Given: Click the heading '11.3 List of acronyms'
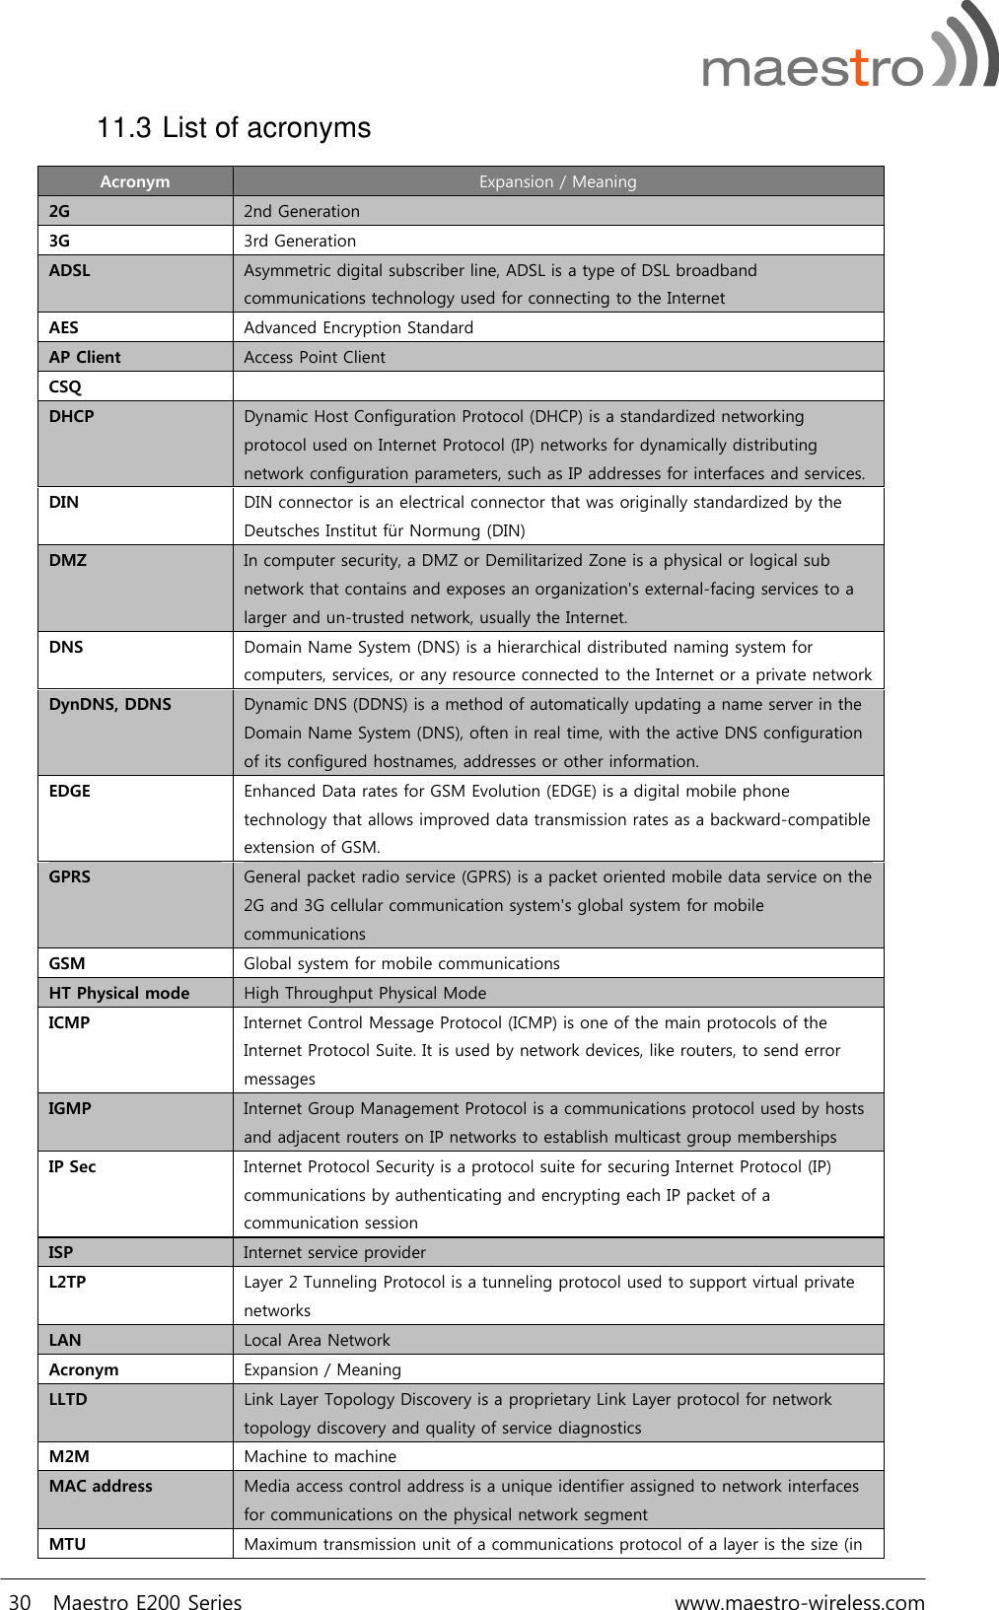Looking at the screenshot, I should tap(234, 128).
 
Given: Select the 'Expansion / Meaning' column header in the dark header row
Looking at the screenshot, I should tap(557, 181).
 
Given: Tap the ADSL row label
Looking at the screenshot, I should tap(70, 270).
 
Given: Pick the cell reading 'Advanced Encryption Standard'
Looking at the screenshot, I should tap(358, 327).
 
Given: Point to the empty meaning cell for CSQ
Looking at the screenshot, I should tap(557, 386).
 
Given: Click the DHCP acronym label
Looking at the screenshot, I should tap(72, 416).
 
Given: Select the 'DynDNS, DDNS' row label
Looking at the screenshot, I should tap(110, 704).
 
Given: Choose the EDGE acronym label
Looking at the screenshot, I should tap(70, 791).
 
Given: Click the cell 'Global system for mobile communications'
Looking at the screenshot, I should tap(401, 963).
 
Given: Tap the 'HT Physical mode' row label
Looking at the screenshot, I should tap(119, 993).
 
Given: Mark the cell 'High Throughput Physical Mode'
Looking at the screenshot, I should tap(365, 993).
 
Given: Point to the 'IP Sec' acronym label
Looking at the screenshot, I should tap(73, 1166).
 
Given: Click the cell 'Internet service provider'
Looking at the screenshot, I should tap(334, 1252).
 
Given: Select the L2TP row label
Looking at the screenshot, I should tap(68, 1282).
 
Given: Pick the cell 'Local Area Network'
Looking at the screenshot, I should tap(317, 1340).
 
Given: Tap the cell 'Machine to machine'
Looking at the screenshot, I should tap(320, 1456).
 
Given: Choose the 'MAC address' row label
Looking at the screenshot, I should tap(101, 1486).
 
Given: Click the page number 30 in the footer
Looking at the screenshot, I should tap(20, 1602).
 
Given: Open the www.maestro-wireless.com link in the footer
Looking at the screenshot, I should tap(799, 1602).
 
